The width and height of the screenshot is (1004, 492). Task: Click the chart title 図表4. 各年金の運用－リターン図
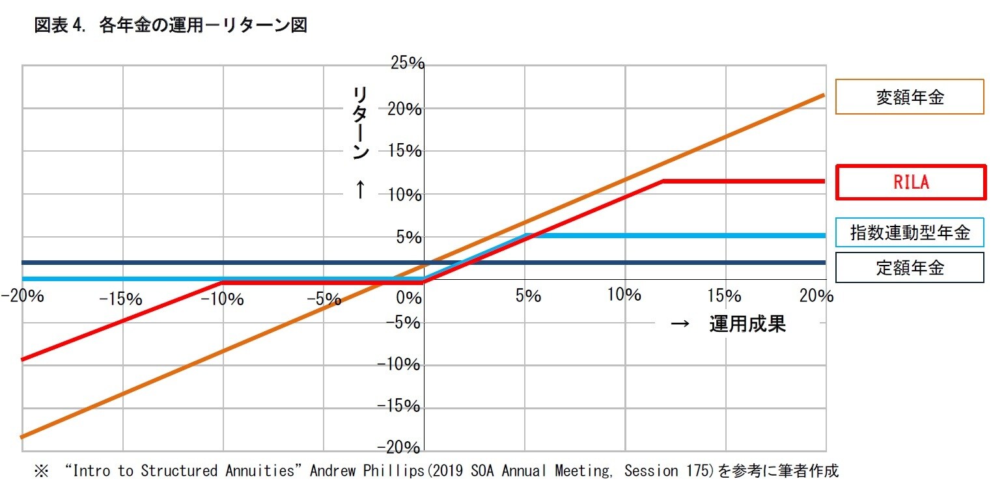coord(171,26)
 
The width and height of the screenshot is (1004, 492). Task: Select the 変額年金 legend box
coord(909,97)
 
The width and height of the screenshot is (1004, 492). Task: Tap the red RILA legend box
coord(910,182)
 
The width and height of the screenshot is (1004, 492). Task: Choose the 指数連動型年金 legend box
coord(909,232)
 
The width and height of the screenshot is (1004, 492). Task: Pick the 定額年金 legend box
coord(909,267)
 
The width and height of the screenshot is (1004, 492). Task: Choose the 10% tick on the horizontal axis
coord(624,295)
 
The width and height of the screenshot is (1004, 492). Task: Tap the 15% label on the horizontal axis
coord(724,296)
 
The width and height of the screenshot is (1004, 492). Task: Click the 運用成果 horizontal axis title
coord(747,324)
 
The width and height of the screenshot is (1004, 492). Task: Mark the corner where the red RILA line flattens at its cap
coord(662,181)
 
